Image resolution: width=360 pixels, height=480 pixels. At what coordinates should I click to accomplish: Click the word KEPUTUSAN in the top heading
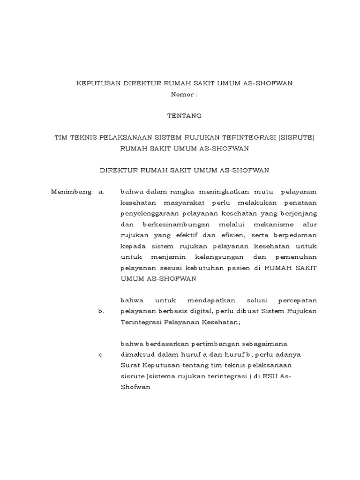pos(98,83)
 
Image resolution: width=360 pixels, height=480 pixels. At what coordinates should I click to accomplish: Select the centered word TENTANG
pos(184,115)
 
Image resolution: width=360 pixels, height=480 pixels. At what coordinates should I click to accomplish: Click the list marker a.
pos(101,192)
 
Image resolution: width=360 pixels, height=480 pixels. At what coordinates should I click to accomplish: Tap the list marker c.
pos(101,354)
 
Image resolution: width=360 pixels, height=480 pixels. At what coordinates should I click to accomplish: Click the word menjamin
pos(169,257)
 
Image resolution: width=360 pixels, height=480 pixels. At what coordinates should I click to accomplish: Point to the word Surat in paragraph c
pos(129,365)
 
